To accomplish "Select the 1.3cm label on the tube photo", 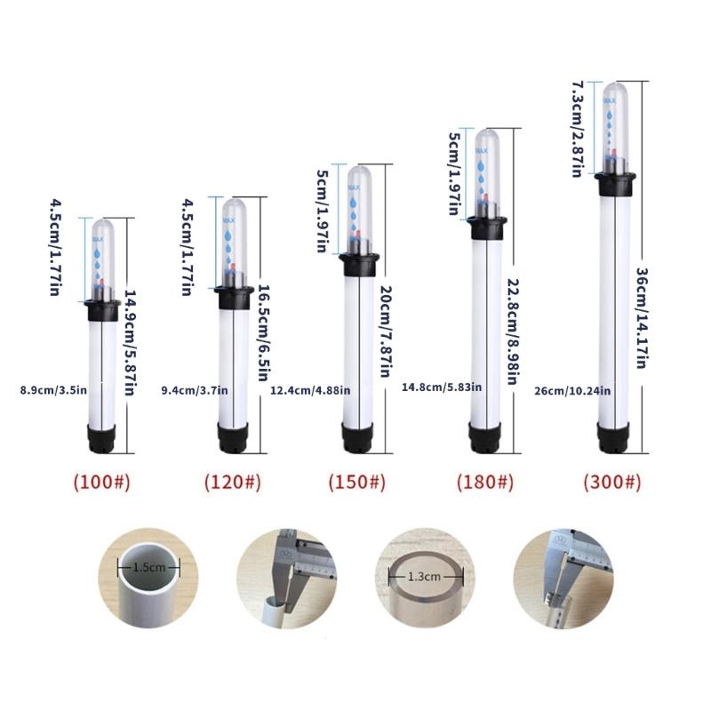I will (x=422, y=576).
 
